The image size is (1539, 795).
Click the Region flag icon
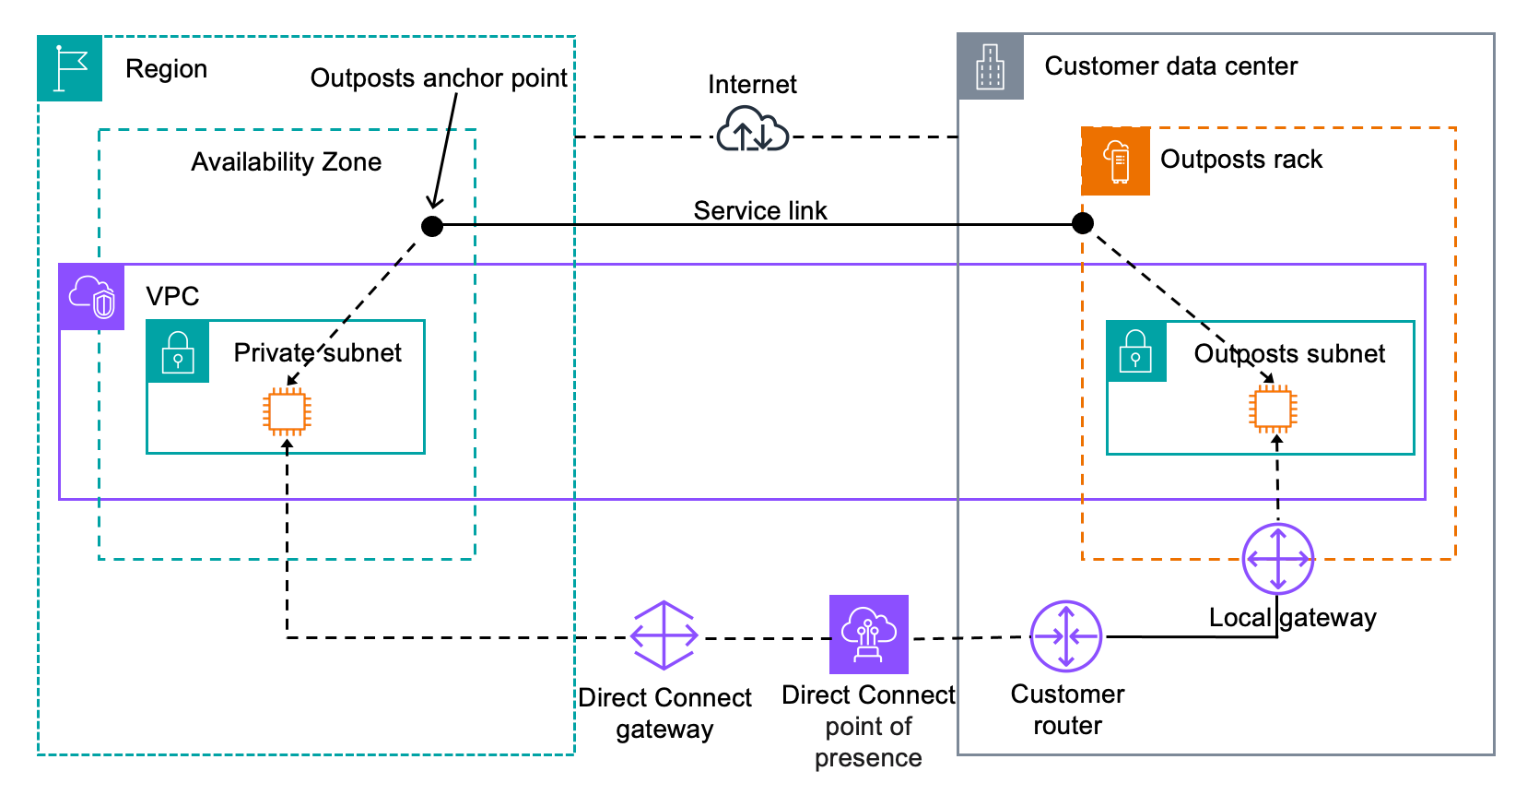click(70, 69)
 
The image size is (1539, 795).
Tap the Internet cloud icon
click(752, 130)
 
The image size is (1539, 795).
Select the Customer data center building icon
click(991, 66)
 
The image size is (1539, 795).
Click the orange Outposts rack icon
click(1115, 161)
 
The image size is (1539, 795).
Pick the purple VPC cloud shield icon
click(92, 297)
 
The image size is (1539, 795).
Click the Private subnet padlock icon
click(178, 351)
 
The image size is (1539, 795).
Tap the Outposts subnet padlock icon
click(1136, 351)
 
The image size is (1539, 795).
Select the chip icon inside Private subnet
click(287, 411)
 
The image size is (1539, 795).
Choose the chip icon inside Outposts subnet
click(1274, 409)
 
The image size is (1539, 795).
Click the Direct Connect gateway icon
click(664, 635)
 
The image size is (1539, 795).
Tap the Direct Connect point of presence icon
click(868, 635)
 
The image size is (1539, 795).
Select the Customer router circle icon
click(1065, 636)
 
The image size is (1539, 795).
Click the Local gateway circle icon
click(1277, 559)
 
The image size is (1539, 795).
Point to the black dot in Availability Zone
click(432, 226)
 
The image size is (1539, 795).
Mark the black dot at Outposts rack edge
click(1083, 223)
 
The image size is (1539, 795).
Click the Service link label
click(760, 210)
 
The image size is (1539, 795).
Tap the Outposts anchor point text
click(439, 78)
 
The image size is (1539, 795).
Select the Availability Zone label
click(287, 162)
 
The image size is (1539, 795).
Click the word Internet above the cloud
click(752, 85)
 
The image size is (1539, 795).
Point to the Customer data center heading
click(1170, 66)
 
